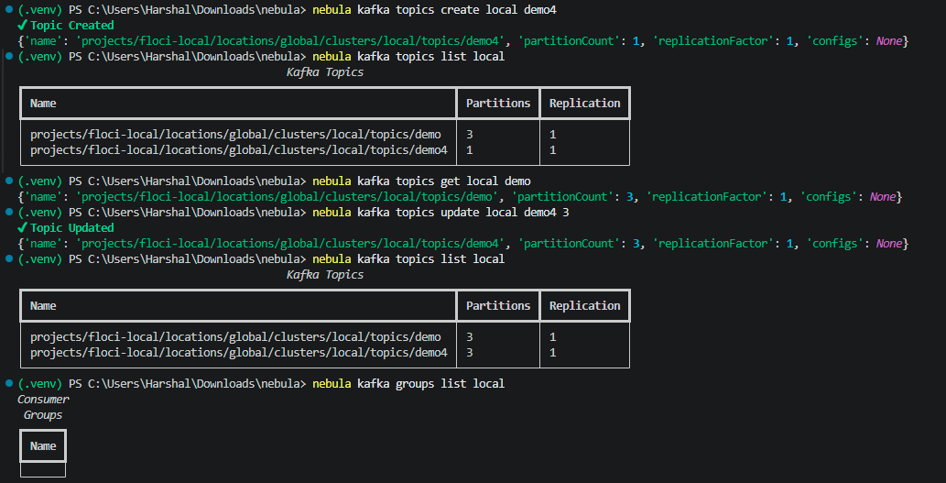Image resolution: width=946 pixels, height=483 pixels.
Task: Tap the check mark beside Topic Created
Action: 23,26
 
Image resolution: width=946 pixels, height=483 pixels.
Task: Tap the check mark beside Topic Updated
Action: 23,227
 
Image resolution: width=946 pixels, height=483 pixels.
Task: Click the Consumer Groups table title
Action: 43,407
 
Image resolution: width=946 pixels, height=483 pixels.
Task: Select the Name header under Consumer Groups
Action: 43,446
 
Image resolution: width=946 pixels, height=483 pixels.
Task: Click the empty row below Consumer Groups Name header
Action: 43,470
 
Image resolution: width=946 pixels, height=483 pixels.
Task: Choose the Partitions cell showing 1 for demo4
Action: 470,150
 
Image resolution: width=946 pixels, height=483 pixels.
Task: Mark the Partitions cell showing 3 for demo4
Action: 470,353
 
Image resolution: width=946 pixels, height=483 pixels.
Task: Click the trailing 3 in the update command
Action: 564,212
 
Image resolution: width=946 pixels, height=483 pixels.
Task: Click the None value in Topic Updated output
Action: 888,243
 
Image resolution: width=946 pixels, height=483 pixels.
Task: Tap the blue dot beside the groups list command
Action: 8,383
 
